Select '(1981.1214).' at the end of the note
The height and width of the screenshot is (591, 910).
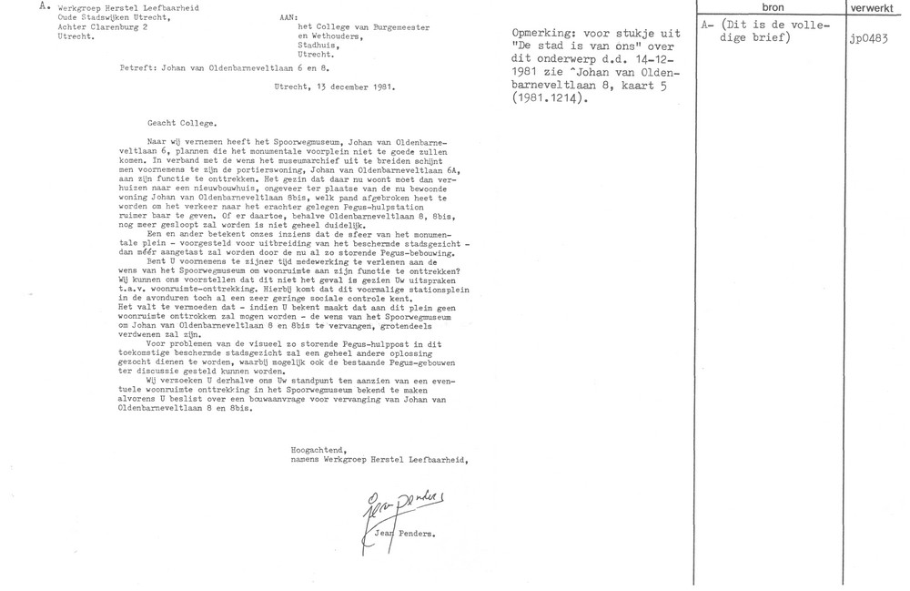point(543,100)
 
